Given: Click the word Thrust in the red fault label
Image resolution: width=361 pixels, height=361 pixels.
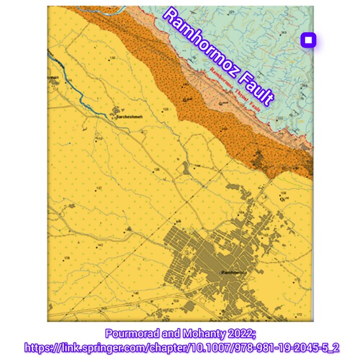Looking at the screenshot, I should [239, 94].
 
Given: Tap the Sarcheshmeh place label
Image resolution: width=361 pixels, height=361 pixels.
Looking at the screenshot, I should [130, 116].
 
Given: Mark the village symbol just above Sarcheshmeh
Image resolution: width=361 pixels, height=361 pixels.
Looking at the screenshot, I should [118, 110].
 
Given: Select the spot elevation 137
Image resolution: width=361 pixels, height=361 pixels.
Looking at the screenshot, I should [99, 188].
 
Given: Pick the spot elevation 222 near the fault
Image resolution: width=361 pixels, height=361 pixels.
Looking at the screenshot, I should [280, 118].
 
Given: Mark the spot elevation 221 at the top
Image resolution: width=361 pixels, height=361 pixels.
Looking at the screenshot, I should [231, 12].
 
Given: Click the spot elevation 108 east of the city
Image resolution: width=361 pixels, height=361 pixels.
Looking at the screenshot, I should [283, 193].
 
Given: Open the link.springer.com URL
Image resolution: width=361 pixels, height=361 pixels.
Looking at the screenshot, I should [180, 346].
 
